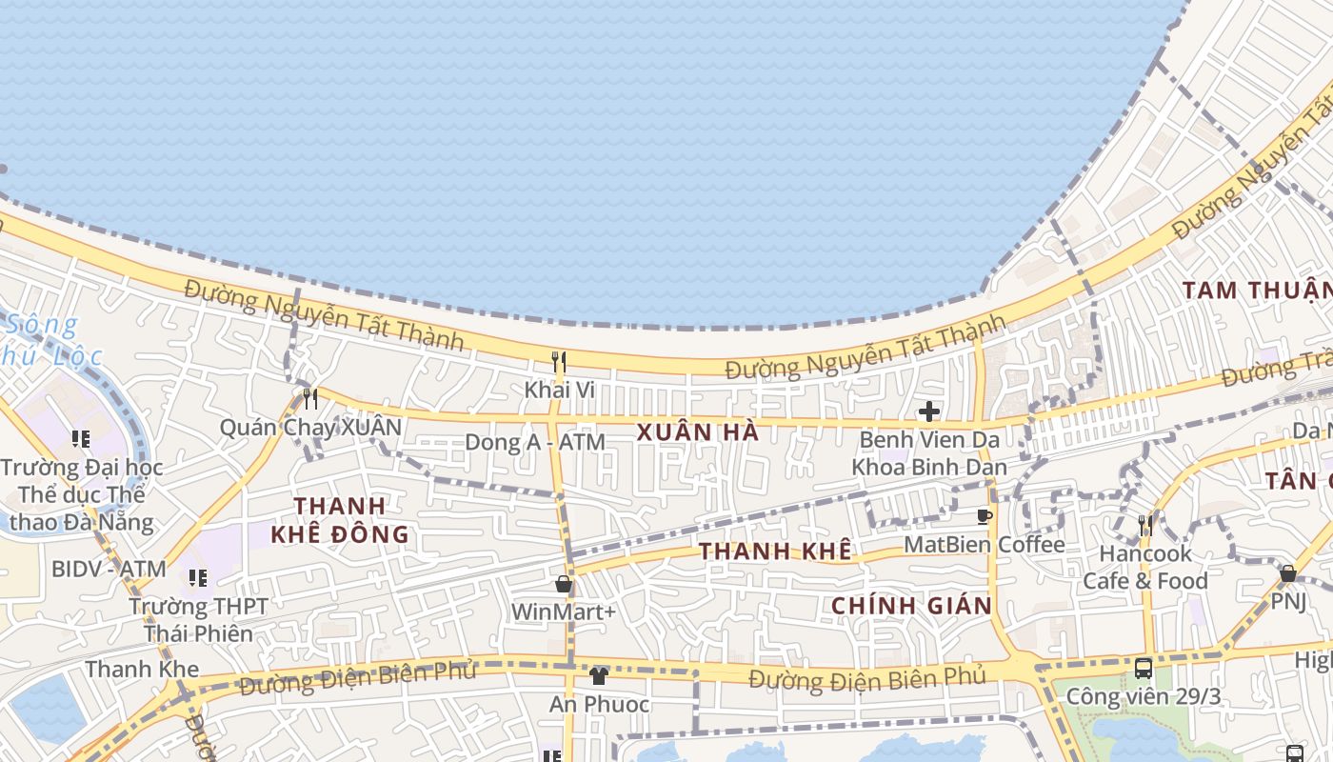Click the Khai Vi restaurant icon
click(x=560, y=362)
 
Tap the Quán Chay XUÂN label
click(x=310, y=427)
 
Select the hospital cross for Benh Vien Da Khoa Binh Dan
click(x=928, y=411)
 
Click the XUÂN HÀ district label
click(x=698, y=432)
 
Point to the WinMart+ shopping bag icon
click(x=564, y=584)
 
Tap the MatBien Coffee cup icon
click(x=985, y=517)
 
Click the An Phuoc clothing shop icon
click(x=598, y=676)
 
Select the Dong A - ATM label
click(x=534, y=442)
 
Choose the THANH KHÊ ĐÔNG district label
click(x=340, y=520)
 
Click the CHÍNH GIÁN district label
click(x=911, y=606)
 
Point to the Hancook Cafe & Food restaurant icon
click(x=1145, y=525)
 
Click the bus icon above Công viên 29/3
click(x=1144, y=669)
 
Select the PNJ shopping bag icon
click(x=1287, y=573)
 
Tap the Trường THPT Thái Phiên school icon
click(x=198, y=578)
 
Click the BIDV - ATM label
click(x=109, y=569)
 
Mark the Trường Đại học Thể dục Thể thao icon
click(x=81, y=439)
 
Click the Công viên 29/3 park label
click(x=1143, y=696)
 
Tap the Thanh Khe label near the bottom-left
click(x=142, y=669)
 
